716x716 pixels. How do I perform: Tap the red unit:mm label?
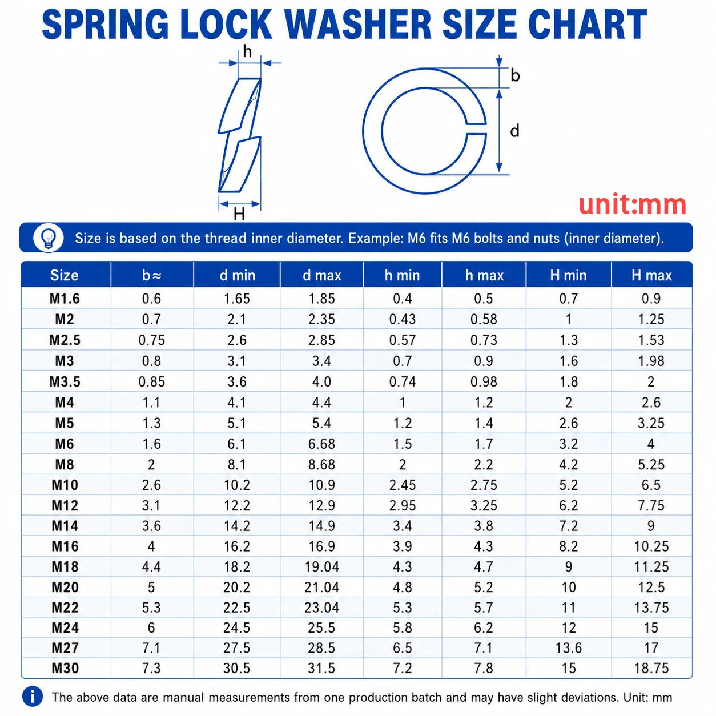tap(632, 205)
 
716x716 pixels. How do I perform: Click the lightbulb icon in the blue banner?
tap(49, 238)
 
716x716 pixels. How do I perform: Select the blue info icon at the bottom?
tap(33, 697)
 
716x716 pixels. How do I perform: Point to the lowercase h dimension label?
tap(247, 51)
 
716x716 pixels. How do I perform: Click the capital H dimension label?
tap(239, 214)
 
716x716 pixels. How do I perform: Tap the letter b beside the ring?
tap(515, 75)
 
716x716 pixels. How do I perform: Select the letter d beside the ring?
tap(514, 131)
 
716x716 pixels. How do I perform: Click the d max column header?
tap(322, 275)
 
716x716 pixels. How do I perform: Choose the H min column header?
tap(569, 275)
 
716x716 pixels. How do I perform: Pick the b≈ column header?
tap(152, 275)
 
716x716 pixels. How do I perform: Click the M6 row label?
tap(65, 444)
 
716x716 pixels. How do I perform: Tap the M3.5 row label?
tap(65, 381)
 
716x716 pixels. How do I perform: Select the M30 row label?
tap(65, 668)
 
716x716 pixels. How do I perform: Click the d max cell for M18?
tap(322, 566)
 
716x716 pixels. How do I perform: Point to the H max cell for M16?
tap(651, 546)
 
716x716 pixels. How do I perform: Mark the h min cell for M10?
tap(403, 485)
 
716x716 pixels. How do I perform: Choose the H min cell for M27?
tap(569, 648)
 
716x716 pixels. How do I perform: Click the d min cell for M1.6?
tap(237, 299)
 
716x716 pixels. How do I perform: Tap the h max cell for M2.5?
tap(484, 340)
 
